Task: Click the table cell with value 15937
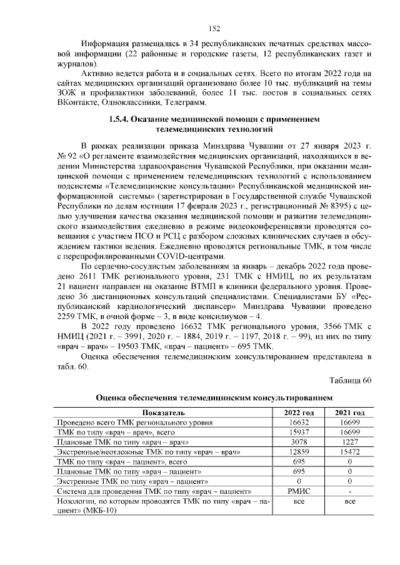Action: point(299,432)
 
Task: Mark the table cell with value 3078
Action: point(299,442)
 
